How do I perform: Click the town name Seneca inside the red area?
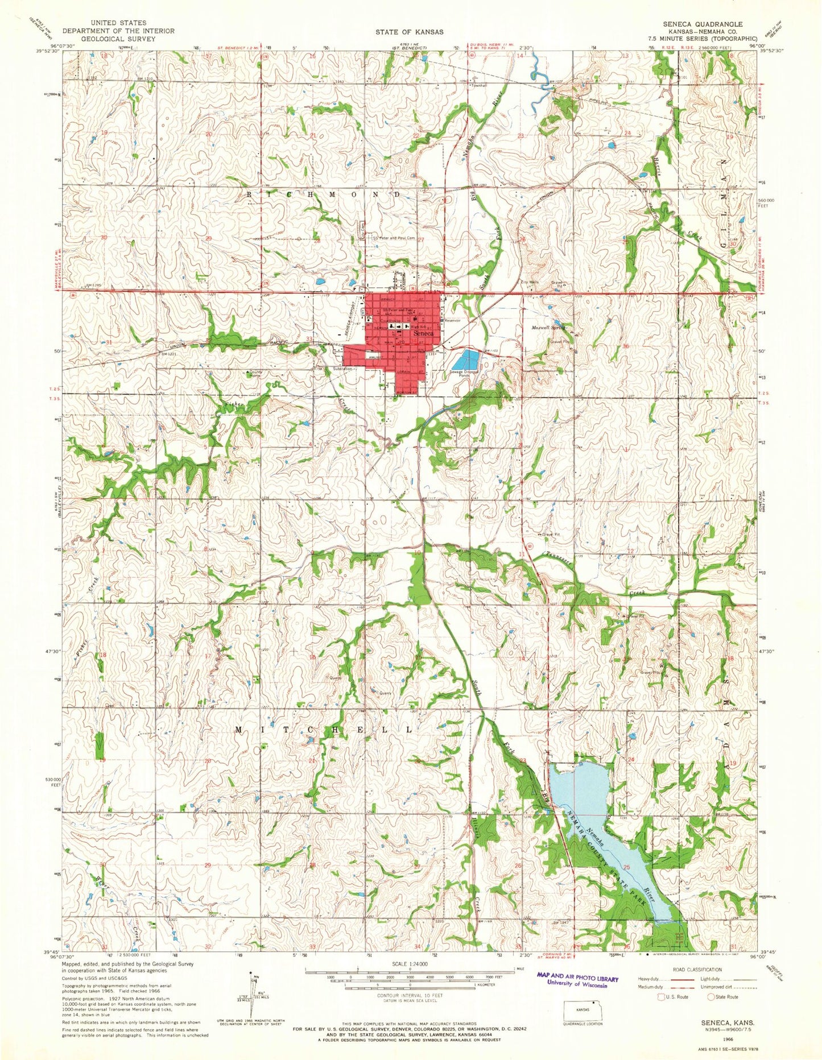(x=424, y=334)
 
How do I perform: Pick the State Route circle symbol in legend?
(x=711, y=997)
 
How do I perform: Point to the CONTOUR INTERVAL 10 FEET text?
(x=409, y=996)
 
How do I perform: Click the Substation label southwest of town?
(x=344, y=369)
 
